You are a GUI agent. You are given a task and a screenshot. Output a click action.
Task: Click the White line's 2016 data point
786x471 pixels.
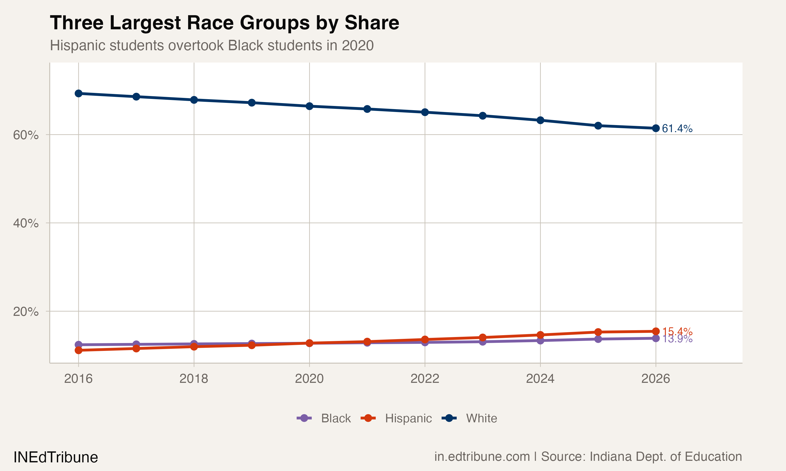click(79, 93)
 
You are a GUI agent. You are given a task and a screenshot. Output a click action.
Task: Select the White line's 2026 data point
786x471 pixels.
click(656, 128)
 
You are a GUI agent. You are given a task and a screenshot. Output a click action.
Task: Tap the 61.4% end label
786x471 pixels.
click(677, 128)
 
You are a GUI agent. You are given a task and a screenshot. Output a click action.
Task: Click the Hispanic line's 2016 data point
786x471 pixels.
click(79, 350)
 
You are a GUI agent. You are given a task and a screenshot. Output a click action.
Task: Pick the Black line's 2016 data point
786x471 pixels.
click(79, 345)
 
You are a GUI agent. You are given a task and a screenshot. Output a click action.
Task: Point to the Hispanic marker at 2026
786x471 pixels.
click(656, 331)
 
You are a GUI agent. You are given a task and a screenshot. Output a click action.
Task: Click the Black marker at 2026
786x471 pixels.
click(656, 338)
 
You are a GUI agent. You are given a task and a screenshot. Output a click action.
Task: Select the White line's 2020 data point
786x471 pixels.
click(309, 106)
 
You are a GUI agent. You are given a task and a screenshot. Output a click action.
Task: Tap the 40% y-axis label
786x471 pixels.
click(25, 223)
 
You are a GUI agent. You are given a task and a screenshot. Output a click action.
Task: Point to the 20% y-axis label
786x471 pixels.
click(25, 311)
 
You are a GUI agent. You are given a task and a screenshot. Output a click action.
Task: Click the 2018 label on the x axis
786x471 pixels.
click(194, 379)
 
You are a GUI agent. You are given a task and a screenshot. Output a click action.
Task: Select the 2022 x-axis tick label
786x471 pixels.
click(425, 379)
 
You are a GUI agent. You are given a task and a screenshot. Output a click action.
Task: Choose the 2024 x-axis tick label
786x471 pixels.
click(540, 379)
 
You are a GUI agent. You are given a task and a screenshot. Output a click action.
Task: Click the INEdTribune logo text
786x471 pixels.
click(56, 457)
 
